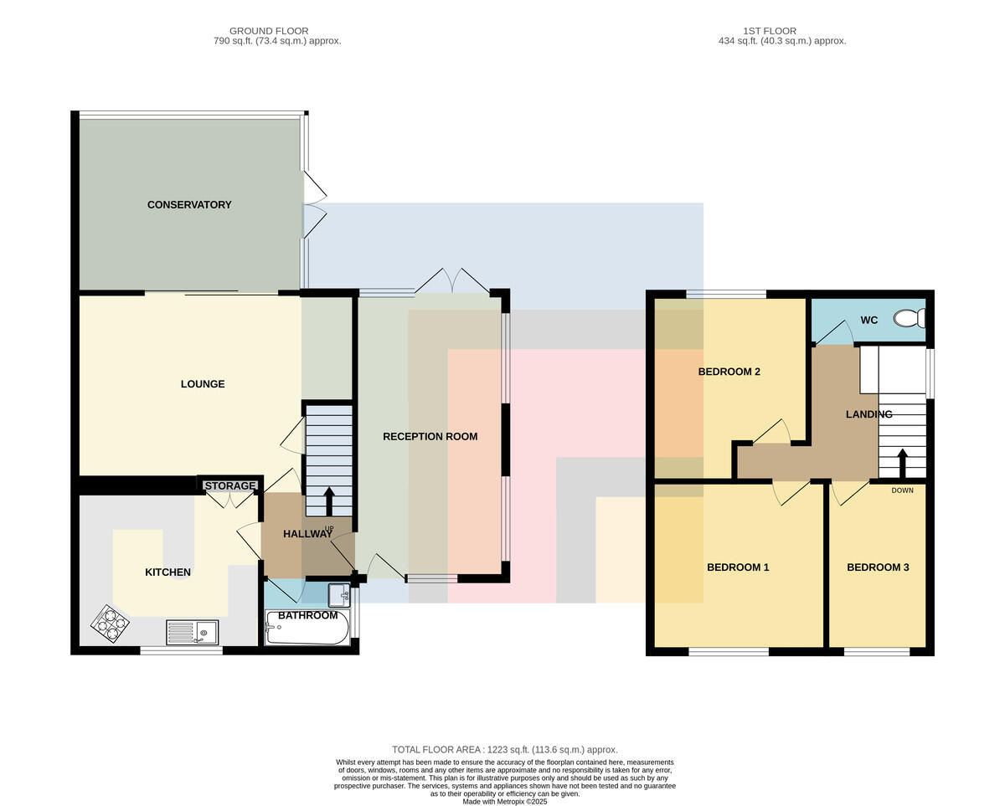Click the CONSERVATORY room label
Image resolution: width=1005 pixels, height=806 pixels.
[189, 205]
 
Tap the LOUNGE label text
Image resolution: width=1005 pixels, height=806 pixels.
[203, 384]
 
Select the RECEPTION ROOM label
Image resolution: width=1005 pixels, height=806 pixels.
[430, 437]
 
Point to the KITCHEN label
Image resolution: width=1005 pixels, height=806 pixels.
[167, 572]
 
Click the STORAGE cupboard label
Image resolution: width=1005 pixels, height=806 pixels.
[230, 485]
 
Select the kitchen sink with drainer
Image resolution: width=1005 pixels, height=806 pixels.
[192, 633]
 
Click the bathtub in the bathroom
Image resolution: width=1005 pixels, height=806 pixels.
[307, 628]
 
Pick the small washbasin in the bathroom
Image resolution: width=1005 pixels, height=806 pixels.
[339, 595]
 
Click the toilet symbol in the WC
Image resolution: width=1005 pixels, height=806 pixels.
[910, 319]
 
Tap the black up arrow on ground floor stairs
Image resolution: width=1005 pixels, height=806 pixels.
[329, 501]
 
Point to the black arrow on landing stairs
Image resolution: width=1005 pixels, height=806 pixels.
[903, 464]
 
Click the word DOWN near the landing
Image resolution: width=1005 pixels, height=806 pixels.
[902, 490]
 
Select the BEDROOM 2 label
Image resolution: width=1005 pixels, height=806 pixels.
[729, 372]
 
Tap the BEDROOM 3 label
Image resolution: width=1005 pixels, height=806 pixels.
[878, 567]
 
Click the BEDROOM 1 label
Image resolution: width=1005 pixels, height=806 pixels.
[738, 567]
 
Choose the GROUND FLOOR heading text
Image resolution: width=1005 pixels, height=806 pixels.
[269, 31]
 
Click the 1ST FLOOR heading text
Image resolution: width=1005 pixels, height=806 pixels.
[770, 31]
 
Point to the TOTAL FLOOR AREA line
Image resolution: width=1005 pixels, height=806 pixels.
[505, 750]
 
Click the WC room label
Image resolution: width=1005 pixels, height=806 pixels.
[869, 321]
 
